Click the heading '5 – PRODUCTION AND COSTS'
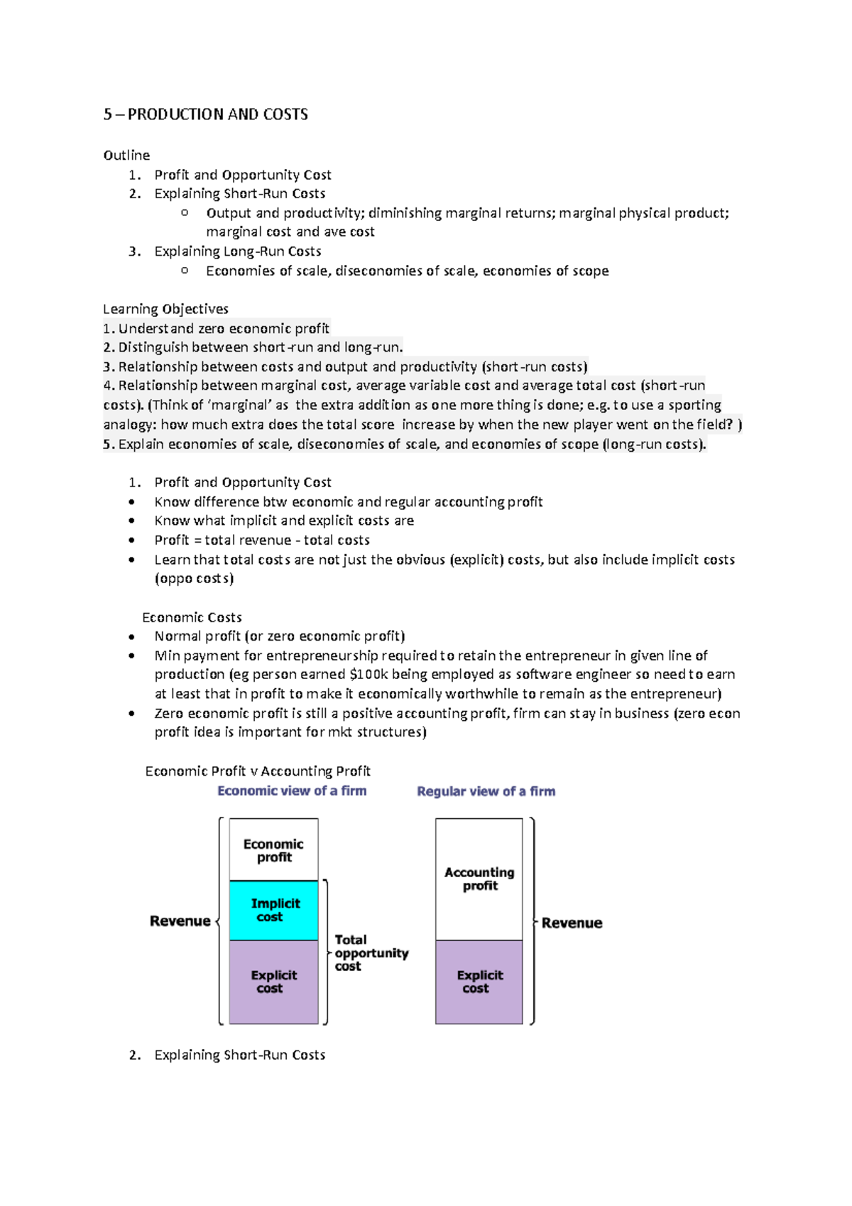tap(205, 114)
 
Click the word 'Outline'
tap(126, 155)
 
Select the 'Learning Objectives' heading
tap(165, 309)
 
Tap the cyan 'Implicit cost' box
tap(273, 910)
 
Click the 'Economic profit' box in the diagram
tap(273, 850)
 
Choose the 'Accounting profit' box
tap(479, 879)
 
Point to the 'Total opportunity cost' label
tap(370, 952)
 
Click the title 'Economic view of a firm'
tap(292, 791)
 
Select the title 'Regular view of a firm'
tap(486, 791)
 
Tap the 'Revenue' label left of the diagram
tap(180, 921)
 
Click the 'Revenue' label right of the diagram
tap(572, 923)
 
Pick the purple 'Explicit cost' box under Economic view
tap(273, 982)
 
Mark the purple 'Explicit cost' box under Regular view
tap(479, 982)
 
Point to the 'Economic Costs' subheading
tap(192, 617)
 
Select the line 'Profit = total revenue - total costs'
tap(262, 540)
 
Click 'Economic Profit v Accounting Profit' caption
tap(258, 771)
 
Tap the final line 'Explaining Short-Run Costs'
tap(239, 1055)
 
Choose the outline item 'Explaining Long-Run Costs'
tap(237, 251)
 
